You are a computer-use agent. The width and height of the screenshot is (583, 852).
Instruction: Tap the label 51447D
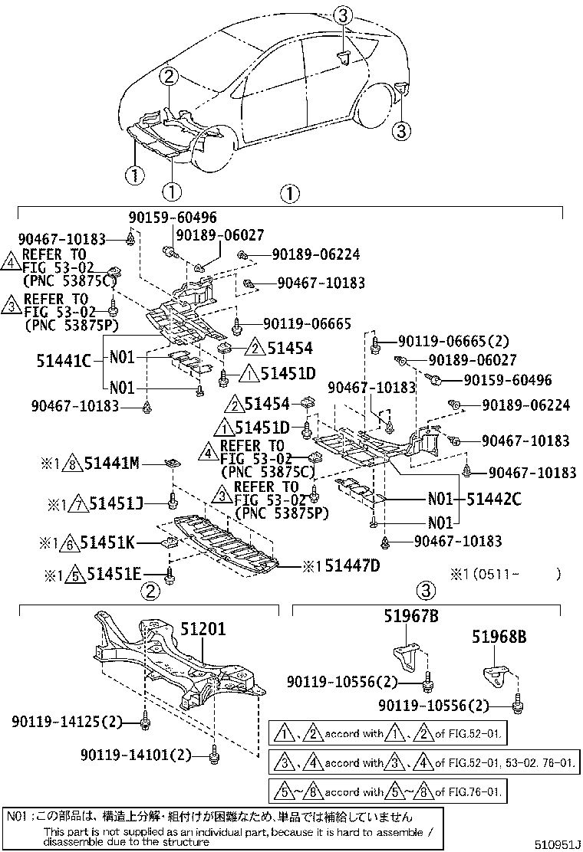351,566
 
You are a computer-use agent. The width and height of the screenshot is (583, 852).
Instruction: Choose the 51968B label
499,636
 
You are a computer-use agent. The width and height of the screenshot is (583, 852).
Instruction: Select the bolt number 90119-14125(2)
67,722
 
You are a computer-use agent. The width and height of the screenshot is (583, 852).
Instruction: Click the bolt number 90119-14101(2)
135,755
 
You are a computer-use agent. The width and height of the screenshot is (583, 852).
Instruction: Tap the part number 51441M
111,463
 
